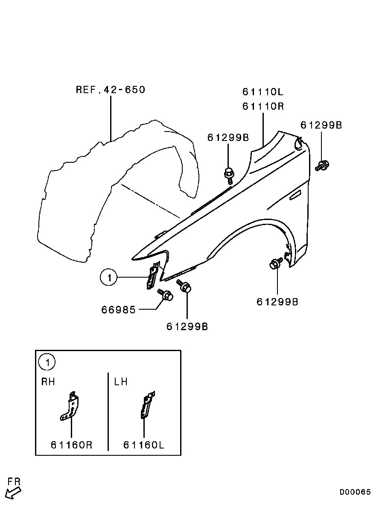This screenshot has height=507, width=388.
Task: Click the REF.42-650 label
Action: coord(111,90)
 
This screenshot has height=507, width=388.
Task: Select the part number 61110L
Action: coord(263,92)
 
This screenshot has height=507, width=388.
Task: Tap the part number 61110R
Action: coord(263,106)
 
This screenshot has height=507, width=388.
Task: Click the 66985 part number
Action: coord(118,309)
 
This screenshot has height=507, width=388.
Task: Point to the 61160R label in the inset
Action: coord(72,445)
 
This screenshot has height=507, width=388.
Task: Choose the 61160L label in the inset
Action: coord(144,445)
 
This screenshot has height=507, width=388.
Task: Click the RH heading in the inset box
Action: coord(48,382)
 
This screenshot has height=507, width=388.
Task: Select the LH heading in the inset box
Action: coord(121,382)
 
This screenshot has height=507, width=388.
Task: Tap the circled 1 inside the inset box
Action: coord(47,363)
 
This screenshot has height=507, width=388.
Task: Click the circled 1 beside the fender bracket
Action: coord(109,278)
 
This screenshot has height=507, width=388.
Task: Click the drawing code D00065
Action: coord(355,492)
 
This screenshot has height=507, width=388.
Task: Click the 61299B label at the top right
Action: coord(321,125)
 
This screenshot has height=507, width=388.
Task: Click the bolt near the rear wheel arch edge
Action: coord(275,263)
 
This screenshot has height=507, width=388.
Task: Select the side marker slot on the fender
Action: coord(295,195)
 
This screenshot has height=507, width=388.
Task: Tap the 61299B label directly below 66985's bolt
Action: coord(187,327)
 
